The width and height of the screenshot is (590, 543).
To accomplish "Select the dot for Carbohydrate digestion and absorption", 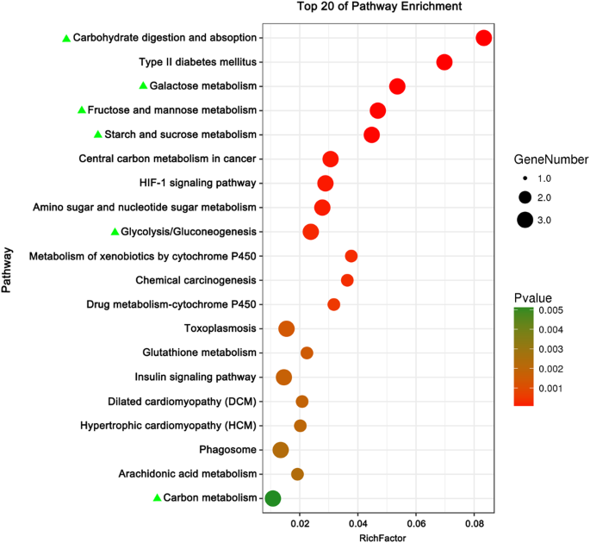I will (483, 38).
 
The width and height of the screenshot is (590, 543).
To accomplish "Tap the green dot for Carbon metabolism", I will (273, 498).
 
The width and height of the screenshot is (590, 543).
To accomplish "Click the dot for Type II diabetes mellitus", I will (444, 62).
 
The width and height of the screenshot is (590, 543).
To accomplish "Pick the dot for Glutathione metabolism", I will (307, 353).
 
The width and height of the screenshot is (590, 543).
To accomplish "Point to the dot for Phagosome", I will (281, 449).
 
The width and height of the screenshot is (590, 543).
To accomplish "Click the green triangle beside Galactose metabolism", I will (144, 86).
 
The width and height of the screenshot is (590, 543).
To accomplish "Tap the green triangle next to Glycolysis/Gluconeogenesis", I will (115, 232).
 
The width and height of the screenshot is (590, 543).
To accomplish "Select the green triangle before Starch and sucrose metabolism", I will (98, 134).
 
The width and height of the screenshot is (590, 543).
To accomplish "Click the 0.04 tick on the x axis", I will (357, 523).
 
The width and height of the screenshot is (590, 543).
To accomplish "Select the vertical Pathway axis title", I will (8, 270).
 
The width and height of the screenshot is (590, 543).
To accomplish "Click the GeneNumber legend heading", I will (551, 159).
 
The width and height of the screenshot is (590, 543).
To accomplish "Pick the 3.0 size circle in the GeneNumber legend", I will (524, 220).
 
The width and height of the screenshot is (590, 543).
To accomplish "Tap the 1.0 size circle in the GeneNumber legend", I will (524, 178).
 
